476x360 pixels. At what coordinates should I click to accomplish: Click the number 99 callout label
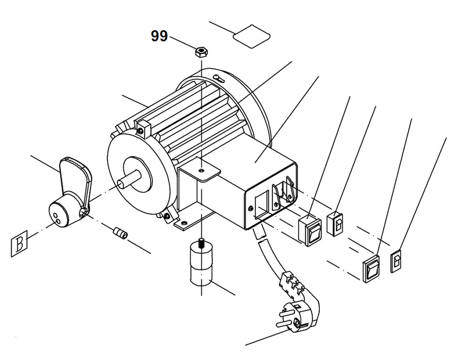pos(159,36)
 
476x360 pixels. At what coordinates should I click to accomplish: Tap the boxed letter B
pos(19,245)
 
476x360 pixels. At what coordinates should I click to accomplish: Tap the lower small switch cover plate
pos(397,261)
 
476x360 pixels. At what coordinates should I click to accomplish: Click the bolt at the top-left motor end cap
pos(140,129)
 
